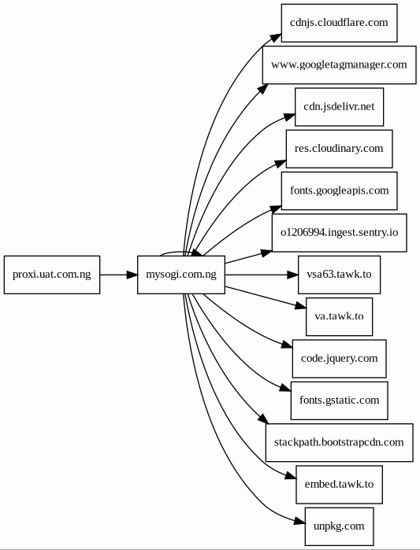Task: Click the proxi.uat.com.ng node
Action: (52, 275)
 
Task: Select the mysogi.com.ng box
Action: (181, 275)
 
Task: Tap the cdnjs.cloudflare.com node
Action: (339, 23)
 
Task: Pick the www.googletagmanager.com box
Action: (339, 65)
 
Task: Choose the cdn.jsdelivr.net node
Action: (339, 107)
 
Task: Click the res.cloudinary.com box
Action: (339, 149)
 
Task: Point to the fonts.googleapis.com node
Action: (339, 191)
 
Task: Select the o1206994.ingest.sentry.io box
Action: (339, 233)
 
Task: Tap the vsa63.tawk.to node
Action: (339, 275)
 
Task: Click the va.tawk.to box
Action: (339, 317)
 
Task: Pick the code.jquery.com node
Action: (339, 359)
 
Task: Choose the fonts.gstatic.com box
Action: (339, 401)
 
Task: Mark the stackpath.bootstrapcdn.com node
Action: (339, 442)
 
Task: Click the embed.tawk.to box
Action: (339, 485)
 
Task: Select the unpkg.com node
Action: (339, 526)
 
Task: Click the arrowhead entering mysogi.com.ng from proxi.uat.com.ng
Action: (132, 275)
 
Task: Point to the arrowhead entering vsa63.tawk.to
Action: (292, 275)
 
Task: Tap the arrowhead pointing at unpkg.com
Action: (299, 522)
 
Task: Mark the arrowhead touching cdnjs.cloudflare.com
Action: (276, 38)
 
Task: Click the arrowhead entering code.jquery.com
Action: (287, 345)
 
